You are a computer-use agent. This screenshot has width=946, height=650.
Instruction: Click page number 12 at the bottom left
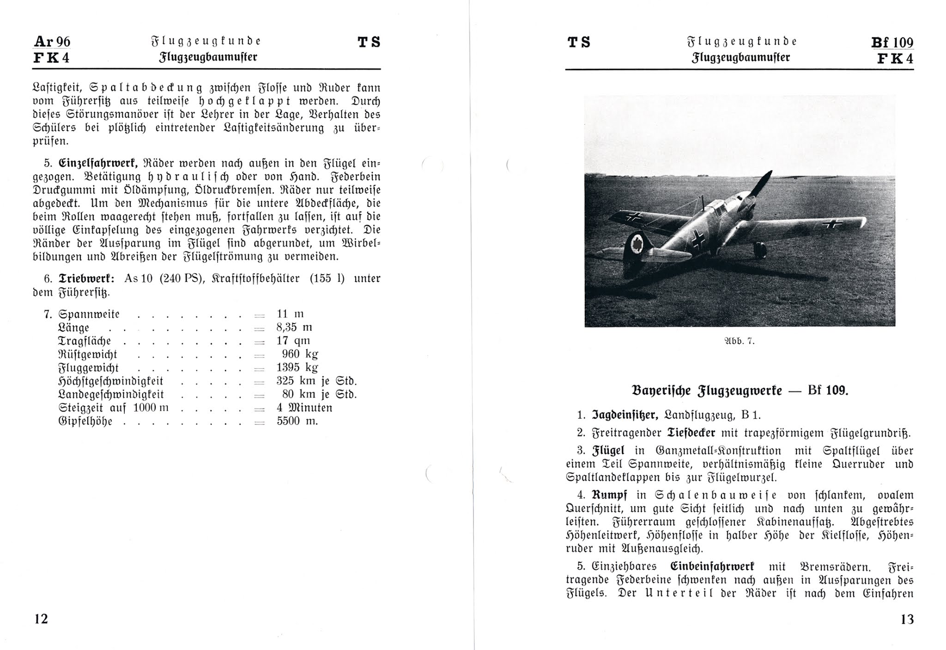tap(41, 619)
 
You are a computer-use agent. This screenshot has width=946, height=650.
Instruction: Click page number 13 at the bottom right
tap(907, 619)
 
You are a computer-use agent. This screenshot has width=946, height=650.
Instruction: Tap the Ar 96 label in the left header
tap(52, 42)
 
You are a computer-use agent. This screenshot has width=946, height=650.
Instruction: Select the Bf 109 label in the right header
tap(892, 43)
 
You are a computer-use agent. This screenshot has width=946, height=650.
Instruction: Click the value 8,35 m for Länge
tap(294, 328)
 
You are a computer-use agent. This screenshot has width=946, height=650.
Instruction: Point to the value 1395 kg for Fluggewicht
tap(297, 368)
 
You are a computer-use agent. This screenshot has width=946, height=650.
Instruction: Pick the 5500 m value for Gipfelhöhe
tap(297, 421)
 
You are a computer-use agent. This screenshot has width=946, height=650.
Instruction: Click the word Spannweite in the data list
tap(89, 315)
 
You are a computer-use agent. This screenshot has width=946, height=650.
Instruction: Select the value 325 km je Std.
tap(316, 381)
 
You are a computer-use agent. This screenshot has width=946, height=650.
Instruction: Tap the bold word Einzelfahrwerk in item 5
tap(98, 163)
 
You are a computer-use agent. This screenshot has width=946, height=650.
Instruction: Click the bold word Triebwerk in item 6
tap(86, 279)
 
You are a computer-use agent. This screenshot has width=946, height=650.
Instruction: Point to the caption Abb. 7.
tap(739, 341)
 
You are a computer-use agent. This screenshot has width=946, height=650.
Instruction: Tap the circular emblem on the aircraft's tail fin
tap(638, 243)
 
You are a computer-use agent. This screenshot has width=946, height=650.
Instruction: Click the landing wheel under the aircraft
tap(759, 250)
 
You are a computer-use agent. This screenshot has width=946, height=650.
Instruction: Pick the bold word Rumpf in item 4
tap(609, 495)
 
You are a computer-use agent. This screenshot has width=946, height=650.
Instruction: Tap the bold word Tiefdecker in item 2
tap(691, 433)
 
